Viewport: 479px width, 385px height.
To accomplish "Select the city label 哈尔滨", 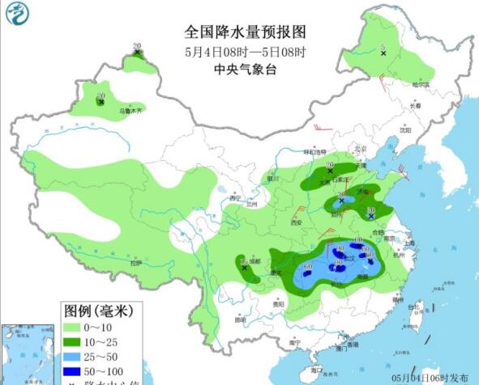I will tap(418, 84).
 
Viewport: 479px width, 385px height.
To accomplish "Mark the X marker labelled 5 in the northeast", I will tap(383, 53).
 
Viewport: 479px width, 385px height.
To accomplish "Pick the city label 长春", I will tap(415, 106).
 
